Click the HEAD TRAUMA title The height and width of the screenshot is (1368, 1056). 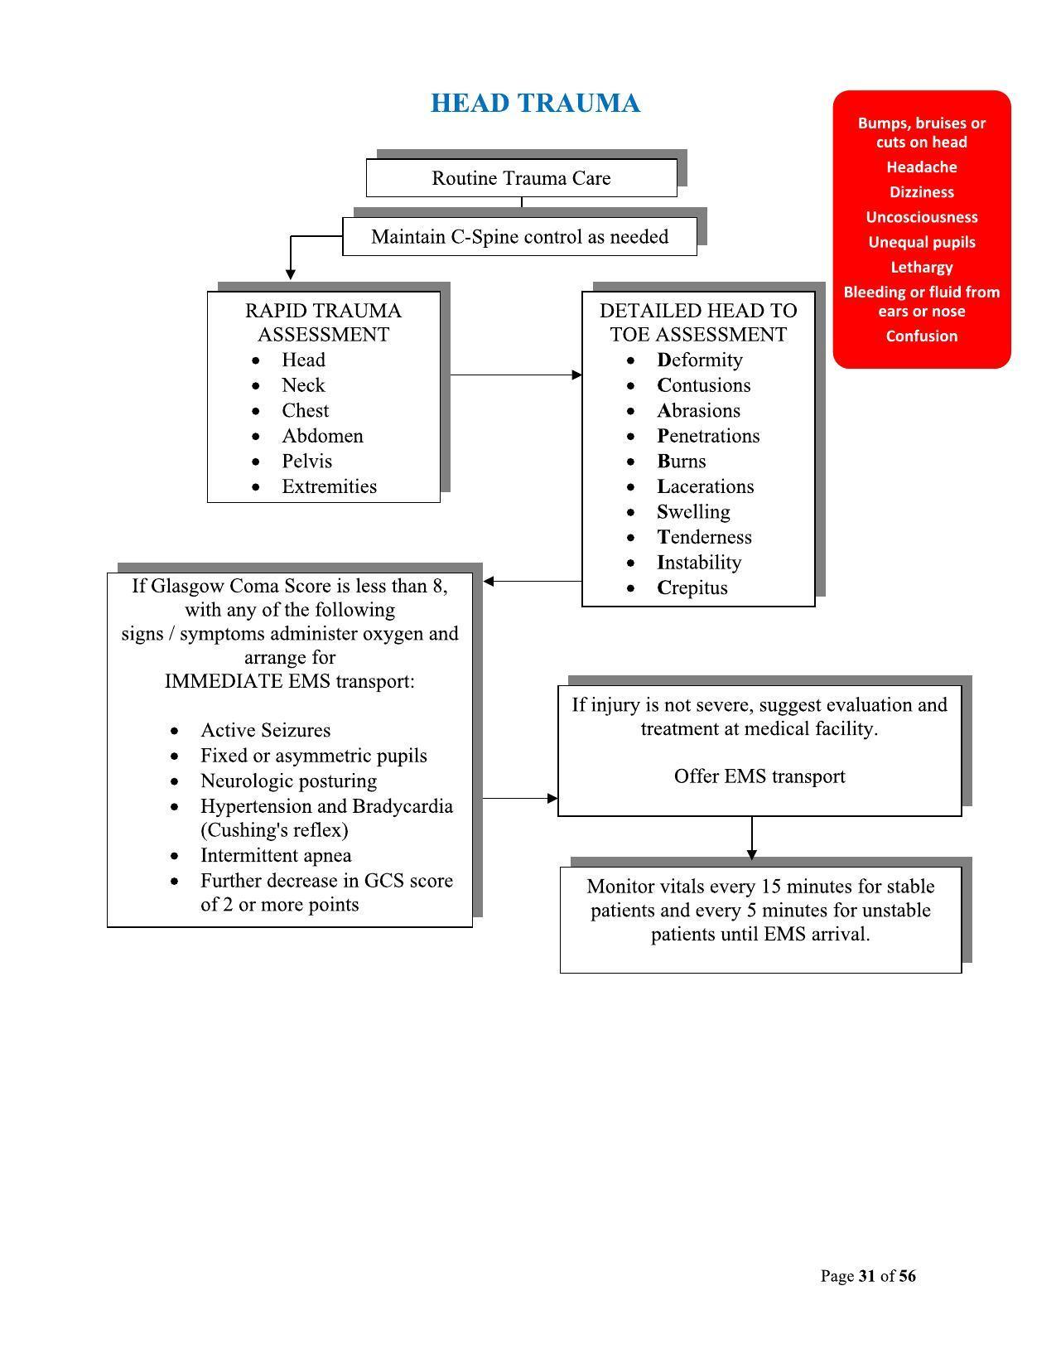535,104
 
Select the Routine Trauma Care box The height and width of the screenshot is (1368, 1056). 521,178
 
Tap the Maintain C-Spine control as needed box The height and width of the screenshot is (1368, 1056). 519,237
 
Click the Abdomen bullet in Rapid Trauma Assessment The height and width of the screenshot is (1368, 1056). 322,436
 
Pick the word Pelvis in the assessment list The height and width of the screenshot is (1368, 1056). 306,462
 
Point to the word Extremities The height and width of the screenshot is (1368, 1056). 329,486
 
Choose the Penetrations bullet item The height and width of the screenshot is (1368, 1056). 708,436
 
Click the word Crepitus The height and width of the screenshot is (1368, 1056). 692,587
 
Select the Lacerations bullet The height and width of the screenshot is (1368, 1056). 706,486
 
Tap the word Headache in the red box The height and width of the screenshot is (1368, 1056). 921,167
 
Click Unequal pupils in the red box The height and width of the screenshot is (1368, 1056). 921,242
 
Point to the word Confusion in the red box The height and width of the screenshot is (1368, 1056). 921,336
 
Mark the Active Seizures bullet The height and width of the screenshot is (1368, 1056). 265,730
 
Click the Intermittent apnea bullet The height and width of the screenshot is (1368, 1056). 276,855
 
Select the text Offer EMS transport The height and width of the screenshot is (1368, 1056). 759,776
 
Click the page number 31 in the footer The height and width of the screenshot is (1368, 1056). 867,1276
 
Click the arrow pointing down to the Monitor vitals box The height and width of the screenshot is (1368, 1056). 752,839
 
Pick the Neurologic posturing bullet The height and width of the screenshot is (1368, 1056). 288,781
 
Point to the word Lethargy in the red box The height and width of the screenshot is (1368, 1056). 921,267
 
